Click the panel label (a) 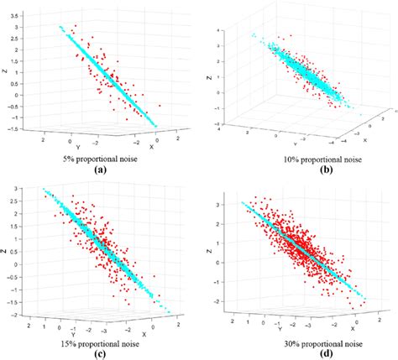coord(101,168)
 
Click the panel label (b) coord(296,168)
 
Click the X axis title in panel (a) coord(152,145)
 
